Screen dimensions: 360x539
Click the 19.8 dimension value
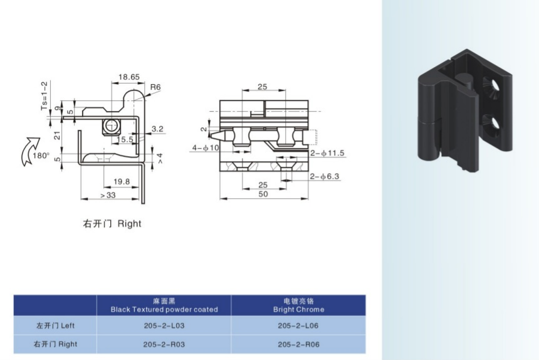coord(122,181)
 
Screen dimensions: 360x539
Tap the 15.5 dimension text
coord(123,140)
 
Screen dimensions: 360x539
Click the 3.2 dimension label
coord(157,129)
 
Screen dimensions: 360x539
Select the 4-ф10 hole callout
coord(205,149)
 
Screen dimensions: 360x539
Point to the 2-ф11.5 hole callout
coord(328,152)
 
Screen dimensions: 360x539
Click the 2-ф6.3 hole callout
coord(325,176)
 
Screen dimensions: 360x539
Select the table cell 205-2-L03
coord(164,326)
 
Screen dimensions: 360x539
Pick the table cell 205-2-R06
coord(298,344)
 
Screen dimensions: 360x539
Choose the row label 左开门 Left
coord(56,326)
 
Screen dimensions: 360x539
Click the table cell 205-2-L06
coord(298,326)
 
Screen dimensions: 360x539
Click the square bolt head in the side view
coord(111,125)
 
